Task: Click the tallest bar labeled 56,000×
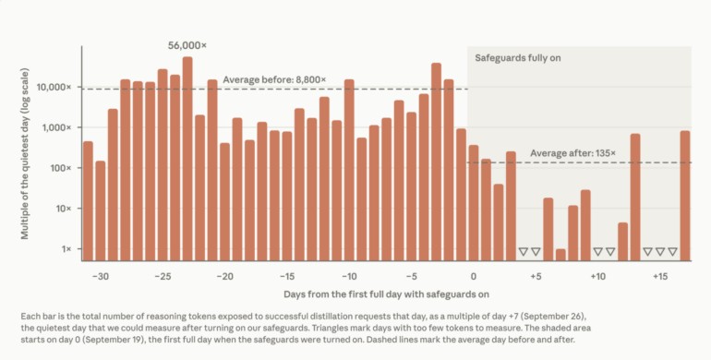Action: (187, 159)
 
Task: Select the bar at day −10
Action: (349, 170)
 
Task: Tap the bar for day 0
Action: (474, 203)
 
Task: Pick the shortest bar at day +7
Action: (560, 255)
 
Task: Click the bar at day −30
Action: (101, 210)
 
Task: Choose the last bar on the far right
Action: (685, 196)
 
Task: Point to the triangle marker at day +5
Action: (536, 252)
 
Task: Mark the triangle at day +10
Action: (597, 252)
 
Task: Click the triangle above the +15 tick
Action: (660, 252)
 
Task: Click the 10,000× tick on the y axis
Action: (56, 87)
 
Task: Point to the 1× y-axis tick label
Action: (66, 249)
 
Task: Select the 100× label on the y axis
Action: (60, 168)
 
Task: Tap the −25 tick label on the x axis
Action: (163, 277)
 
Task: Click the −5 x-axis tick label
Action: (411, 277)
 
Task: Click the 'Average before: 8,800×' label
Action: (274, 79)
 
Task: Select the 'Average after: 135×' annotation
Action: (573, 153)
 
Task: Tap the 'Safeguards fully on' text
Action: (518, 58)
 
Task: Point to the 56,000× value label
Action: (187, 45)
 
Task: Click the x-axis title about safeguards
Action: (386, 294)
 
